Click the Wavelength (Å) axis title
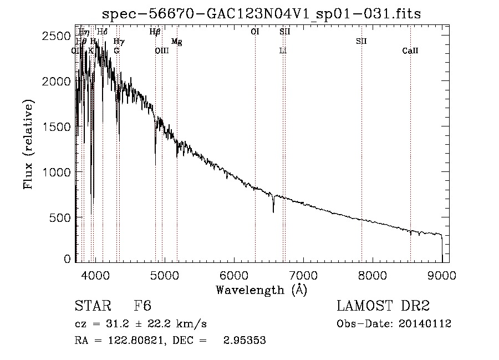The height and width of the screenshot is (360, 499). coord(261,290)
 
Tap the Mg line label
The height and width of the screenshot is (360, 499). coord(176,42)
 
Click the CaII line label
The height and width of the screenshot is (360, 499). coord(410,51)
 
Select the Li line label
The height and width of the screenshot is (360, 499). coord(283,51)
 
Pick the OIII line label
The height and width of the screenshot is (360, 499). coord(162,51)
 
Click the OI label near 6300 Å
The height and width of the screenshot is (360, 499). coord(255,32)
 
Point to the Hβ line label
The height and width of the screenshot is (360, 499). coord(155,32)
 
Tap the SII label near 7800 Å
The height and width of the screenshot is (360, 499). coord(361,42)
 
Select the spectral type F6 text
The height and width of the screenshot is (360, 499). coord(142,306)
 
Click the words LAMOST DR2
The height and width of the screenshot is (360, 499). coord(383,306)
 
